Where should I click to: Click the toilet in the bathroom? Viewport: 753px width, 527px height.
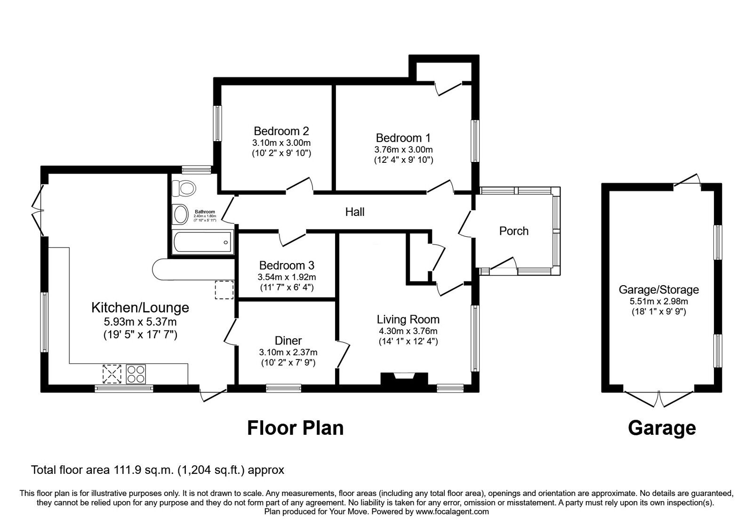(x=184, y=188)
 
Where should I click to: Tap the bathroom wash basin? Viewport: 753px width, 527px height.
(x=180, y=215)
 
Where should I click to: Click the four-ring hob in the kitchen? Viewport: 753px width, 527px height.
(x=136, y=374)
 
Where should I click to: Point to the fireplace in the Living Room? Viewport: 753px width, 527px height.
(x=404, y=379)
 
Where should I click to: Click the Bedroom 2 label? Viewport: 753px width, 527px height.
(x=281, y=131)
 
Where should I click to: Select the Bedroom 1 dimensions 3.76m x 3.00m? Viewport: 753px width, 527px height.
(x=403, y=150)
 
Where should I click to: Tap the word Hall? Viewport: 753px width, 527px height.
(x=355, y=212)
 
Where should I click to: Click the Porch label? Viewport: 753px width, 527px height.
(x=513, y=231)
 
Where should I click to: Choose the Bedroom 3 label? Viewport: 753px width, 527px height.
(x=287, y=266)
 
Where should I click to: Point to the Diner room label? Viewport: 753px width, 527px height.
(x=288, y=341)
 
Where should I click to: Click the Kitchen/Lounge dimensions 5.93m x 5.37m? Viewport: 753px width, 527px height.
(x=140, y=322)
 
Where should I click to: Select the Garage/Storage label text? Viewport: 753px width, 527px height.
(x=658, y=290)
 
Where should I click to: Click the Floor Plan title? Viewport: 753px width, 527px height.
(x=296, y=428)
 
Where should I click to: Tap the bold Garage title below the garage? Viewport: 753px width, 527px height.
(x=662, y=428)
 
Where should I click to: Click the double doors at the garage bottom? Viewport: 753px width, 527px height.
(x=659, y=399)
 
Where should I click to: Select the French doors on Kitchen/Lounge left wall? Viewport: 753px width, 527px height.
(x=37, y=210)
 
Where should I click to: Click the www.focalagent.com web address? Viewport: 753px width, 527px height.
(x=452, y=511)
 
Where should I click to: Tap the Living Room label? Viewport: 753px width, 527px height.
(x=408, y=319)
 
